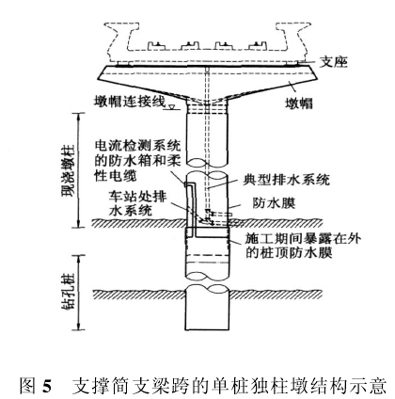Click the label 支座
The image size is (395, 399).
[334, 63]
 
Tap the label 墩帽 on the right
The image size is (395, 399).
[299, 103]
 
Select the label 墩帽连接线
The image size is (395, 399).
[130, 101]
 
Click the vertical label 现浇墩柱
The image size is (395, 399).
[68, 170]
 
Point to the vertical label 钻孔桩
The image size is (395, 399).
[68, 293]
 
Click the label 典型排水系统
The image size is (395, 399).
[286, 180]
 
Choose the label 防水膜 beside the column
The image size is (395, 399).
[274, 203]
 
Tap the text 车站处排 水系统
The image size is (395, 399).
[137, 203]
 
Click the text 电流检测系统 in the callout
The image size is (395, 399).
[137, 146]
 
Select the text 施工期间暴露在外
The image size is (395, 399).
[304, 239]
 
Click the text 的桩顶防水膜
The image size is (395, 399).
[289, 252]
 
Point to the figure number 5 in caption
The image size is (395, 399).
[46, 386]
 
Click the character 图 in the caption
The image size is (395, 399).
[27, 386]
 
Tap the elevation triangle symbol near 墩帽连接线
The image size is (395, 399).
[171, 107]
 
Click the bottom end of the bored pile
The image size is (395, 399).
[207, 329]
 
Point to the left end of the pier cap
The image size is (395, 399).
[97, 68]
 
